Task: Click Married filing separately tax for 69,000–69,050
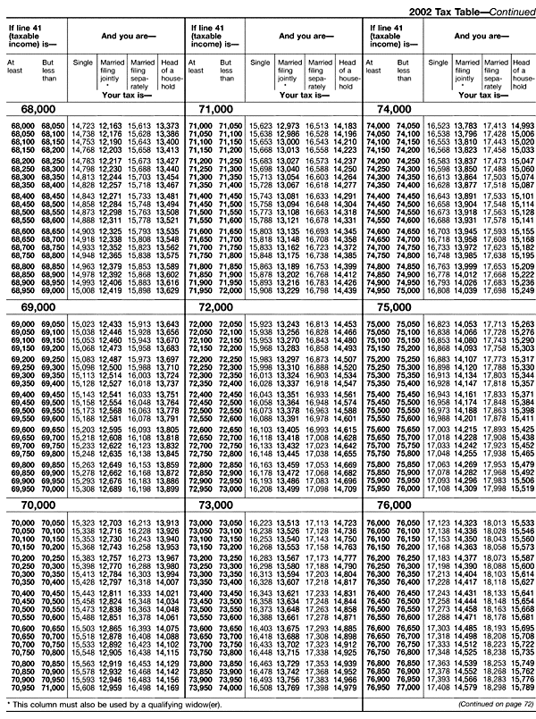click(140, 324)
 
